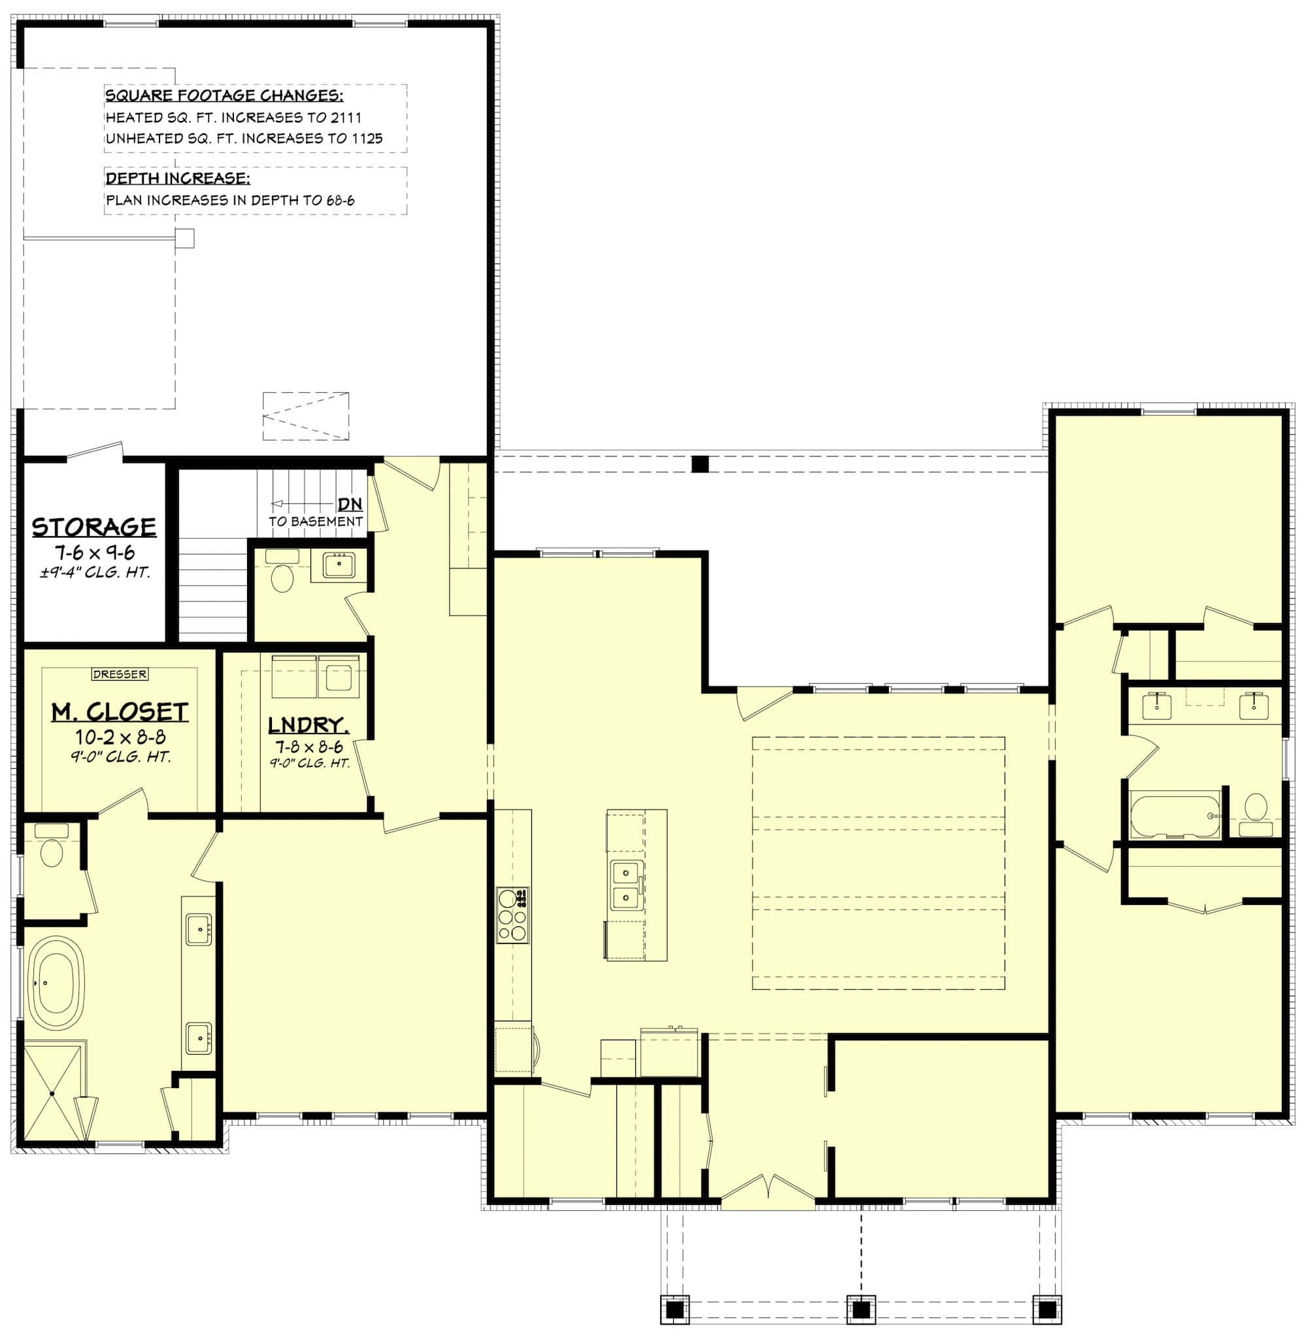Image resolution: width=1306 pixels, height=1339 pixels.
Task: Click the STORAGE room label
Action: click(x=94, y=527)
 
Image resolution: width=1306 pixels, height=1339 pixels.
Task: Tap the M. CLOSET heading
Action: click(x=120, y=712)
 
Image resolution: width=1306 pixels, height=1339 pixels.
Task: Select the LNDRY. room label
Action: click(x=307, y=725)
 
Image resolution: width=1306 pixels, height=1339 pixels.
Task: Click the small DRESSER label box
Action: click(x=120, y=674)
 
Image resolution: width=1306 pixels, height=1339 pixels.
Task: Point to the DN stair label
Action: click(x=349, y=504)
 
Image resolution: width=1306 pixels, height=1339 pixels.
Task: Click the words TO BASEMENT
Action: click(x=316, y=521)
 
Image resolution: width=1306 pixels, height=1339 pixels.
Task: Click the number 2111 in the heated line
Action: click(x=346, y=117)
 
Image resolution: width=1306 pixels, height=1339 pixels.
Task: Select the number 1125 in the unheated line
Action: click(x=367, y=138)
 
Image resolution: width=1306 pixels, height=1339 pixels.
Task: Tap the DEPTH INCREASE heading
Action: click(x=177, y=178)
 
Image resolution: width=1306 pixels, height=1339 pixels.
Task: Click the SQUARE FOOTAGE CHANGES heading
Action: click(x=224, y=95)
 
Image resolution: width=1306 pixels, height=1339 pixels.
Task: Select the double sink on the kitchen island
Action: click(x=626, y=885)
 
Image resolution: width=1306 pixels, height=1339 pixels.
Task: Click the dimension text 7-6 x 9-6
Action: click(x=95, y=552)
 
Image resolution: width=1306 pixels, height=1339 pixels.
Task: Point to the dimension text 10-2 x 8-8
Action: click(x=120, y=737)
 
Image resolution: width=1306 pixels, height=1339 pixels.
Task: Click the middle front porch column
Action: click(x=861, y=1310)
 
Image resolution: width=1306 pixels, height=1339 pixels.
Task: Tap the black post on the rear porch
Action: click(x=699, y=464)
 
